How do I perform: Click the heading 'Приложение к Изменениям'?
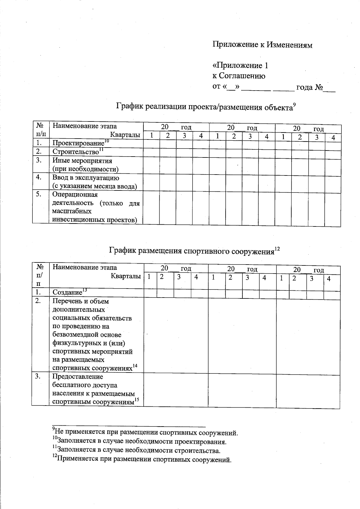(x=262, y=45)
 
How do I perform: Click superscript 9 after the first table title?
(x=295, y=104)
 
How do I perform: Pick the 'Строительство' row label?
(x=76, y=151)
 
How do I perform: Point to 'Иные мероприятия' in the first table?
(x=82, y=160)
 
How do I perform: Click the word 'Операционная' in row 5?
(x=75, y=194)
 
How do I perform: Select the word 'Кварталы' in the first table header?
(x=125, y=135)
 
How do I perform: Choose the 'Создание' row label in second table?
(x=67, y=292)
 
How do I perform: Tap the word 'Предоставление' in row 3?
(x=78, y=376)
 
